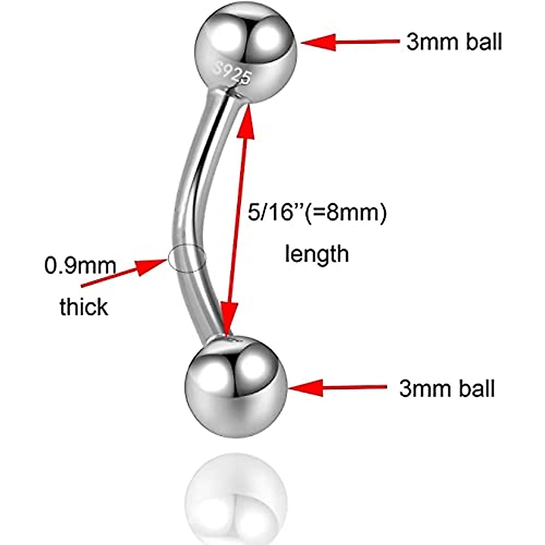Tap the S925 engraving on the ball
coord(233,73)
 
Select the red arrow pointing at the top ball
coord(350,42)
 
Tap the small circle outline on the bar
coord(187,258)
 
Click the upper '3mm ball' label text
coord(454,42)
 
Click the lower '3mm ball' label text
coord(447,389)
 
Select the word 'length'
coord(317,253)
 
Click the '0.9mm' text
coord(80,266)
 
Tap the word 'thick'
coord(84,307)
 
